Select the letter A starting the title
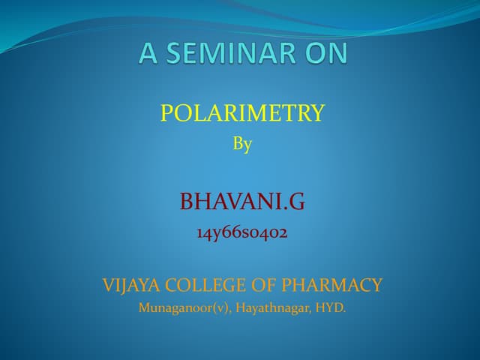(x=149, y=53)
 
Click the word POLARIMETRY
(x=242, y=113)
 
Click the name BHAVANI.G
(x=242, y=201)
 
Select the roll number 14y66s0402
(x=242, y=232)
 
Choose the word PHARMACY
(x=331, y=285)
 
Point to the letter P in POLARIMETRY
(x=166, y=113)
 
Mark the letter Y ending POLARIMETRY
(x=318, y=113)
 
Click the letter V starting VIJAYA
(x=107, y=285)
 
